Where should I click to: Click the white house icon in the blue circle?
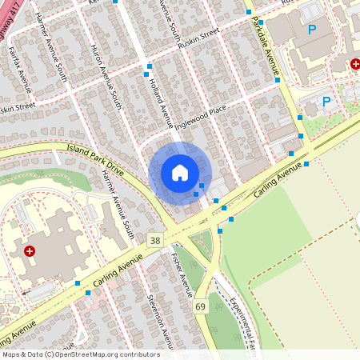pyautogui.click(x=180, y=172)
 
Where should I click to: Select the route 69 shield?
pyautogui.click(x=200, y=306)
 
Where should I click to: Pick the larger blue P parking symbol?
pyautogui.click(x=311, y=30)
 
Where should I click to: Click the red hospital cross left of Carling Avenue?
pyautogui.click(x=30, y=251)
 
